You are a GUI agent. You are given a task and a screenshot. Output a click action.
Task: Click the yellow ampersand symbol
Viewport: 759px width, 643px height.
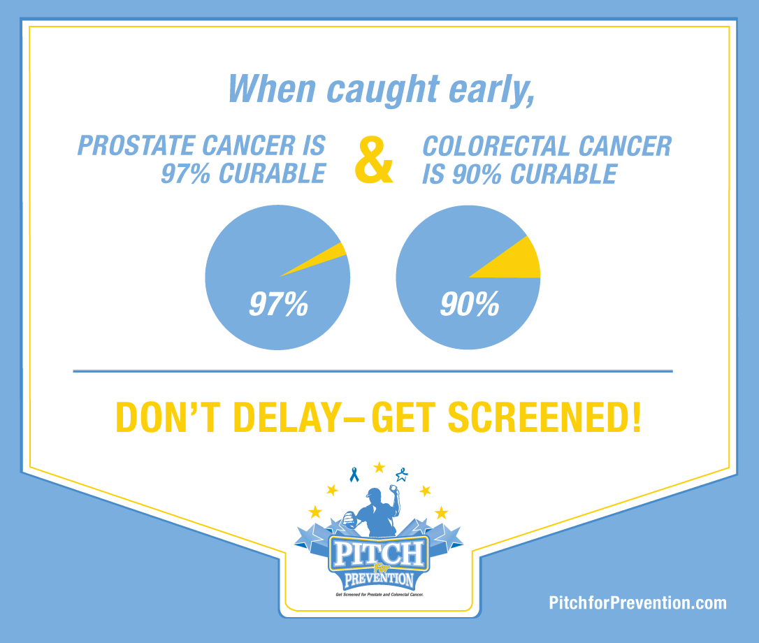374,160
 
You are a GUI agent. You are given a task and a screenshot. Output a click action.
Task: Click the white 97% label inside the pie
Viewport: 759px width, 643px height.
278,304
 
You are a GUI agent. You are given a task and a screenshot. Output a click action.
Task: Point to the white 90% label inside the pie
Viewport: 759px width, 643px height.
469,304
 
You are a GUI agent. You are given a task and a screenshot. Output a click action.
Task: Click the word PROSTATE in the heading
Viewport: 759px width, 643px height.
136,146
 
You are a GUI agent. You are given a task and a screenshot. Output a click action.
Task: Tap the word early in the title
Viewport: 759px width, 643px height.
491,90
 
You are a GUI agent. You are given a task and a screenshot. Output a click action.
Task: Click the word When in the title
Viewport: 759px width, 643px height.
272,89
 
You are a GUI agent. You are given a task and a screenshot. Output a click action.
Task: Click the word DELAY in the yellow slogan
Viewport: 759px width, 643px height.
287,417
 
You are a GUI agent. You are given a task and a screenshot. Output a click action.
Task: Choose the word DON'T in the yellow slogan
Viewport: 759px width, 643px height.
168,417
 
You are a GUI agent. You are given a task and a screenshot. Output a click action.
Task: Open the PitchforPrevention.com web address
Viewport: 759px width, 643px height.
637,602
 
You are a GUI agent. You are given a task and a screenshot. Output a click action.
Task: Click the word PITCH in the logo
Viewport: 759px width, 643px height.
379,554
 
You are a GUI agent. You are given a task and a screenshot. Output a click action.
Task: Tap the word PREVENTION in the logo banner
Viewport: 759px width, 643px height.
379,579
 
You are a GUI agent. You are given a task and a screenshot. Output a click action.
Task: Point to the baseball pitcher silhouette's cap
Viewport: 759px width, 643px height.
374,493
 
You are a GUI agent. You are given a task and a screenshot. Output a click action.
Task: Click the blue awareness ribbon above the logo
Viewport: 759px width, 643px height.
354,475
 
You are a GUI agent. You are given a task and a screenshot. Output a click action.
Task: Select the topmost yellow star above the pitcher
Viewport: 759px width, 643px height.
379,468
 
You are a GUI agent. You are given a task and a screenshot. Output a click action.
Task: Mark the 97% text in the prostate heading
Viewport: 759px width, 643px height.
185,174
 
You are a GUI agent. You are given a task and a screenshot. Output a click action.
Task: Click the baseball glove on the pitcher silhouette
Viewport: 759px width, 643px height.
349,519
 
